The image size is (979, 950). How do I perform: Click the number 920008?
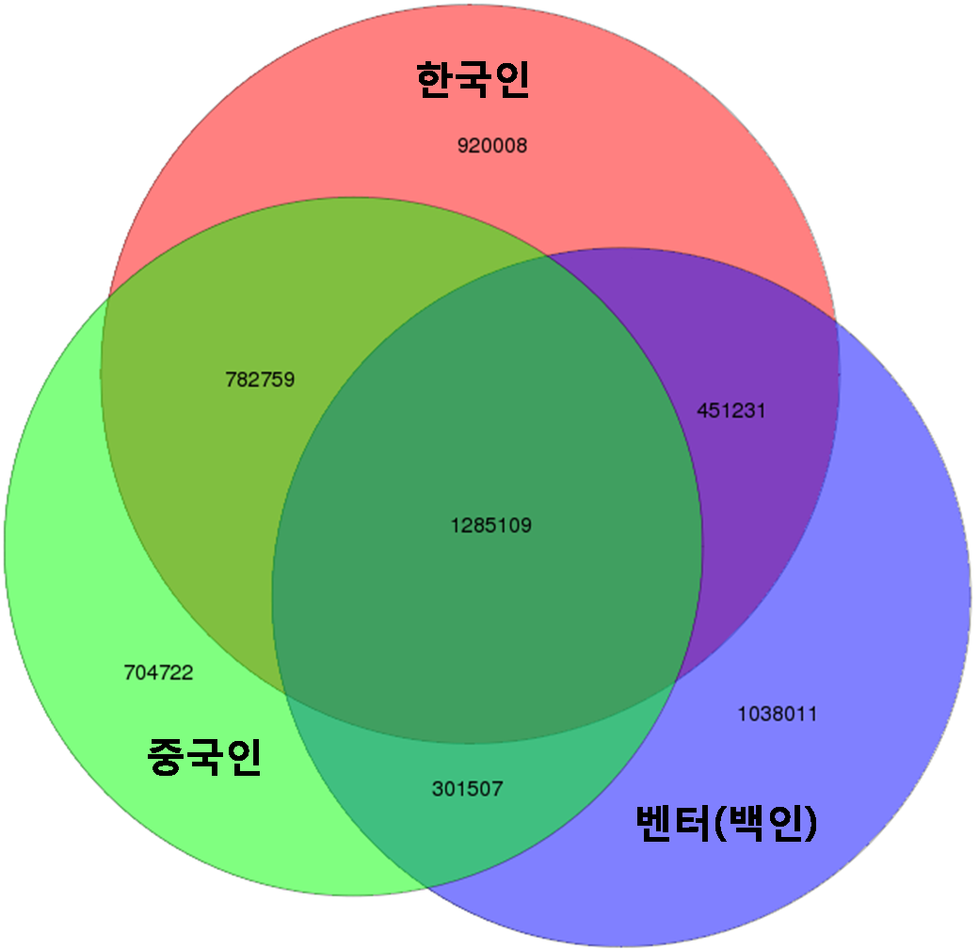tap(492, 146)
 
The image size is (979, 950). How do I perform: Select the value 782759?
tap(260, 379)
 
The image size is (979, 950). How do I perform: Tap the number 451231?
tap(731, 411)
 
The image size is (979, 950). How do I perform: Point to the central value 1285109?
tap(491, 525)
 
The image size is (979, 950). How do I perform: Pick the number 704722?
tap(158, 672)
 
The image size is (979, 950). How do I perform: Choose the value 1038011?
tap(778, 714)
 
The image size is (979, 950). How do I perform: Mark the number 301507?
tap(468, 789)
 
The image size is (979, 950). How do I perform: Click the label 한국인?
tap(473, 79)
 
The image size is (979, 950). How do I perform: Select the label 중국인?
tap(204, 756)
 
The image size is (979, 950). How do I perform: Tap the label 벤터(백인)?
tap(727, 823)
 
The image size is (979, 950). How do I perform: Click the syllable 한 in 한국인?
tap(435, 79)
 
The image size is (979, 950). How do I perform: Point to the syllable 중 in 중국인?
tap(166, 757)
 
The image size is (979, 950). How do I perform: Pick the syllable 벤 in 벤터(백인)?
tap(654, 823)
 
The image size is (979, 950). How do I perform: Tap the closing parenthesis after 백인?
tap(811, 823)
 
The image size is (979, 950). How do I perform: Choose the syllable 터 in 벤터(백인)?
tap(693, 823)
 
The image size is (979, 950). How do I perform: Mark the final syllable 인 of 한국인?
tap(512, 79)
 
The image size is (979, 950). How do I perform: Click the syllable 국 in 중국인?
tap(204, 757)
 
